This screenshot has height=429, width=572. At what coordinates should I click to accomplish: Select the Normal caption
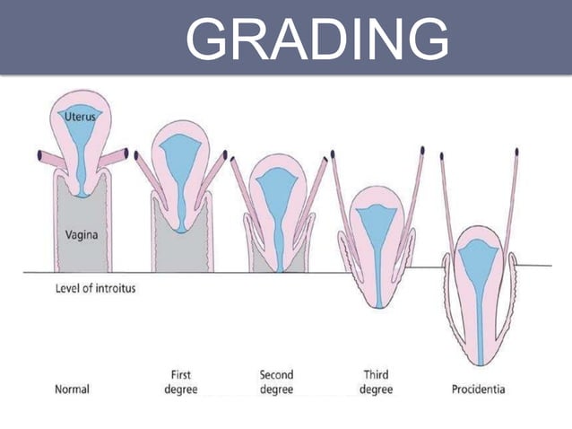click(71, 390)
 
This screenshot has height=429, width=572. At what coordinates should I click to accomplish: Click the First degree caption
click(181, 381)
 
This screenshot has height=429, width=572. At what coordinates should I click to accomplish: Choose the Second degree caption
click(276, 381)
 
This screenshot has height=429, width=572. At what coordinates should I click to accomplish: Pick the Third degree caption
click(376, 381)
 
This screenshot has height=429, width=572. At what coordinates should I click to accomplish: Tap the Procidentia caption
click(478, 390)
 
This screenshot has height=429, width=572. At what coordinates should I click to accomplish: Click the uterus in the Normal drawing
click(82, 135)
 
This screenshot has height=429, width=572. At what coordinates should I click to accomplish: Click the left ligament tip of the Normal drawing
click(41, 155)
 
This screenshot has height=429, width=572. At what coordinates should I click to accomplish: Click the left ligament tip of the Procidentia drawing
click(442, 156)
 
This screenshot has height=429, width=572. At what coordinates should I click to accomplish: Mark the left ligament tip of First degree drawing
click(137, 155)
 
